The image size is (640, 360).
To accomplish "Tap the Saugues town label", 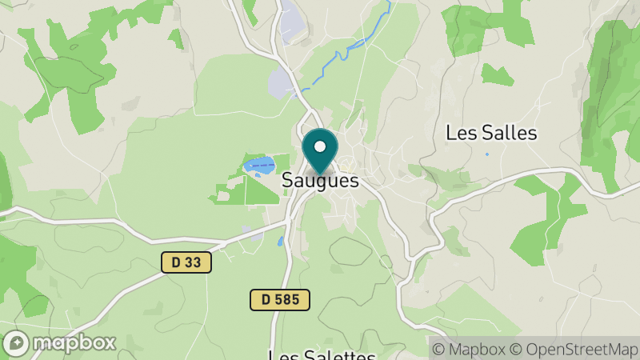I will click(320, 182).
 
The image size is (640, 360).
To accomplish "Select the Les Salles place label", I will click(491, 133).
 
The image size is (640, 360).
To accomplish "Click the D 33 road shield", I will click(186, 262).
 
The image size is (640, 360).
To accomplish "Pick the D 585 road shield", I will click(279, 300).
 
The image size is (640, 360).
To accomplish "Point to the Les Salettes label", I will click(322, 355).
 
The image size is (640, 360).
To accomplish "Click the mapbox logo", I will click(60, 342).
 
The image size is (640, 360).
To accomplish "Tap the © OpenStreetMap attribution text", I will click(574, 349).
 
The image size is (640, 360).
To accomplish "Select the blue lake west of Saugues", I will click(259, 166).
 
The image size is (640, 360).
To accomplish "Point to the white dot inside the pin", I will click(320, 146).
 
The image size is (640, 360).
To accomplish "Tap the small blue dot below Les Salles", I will click(486, 154).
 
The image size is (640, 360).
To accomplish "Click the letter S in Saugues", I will click(287, 182).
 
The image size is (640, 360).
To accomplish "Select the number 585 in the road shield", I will click(286, 300).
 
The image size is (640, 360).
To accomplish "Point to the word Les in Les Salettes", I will click(282, 355).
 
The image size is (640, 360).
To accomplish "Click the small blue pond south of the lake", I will click(281, 241).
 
